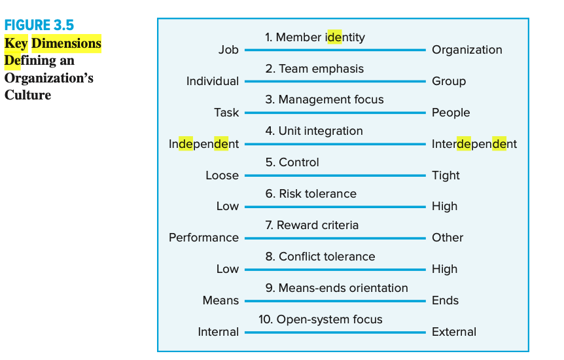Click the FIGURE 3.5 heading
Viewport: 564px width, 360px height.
[x=39, y=26]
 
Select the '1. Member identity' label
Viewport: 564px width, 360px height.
[x=315, y=37]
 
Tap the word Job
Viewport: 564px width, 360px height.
[x=228, y=50]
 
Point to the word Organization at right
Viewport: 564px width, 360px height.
[x=467, y=50]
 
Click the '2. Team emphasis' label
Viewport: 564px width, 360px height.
[x=314, y=69]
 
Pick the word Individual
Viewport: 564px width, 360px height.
[x=213, y=81]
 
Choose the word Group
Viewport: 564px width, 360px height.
[x=449, y=81]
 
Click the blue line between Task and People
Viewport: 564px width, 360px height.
[x=334, y=113]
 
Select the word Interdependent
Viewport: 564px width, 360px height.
[x=474, y=144]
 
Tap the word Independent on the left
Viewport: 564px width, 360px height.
[x=203, y=144]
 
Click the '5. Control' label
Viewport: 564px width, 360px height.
[x=292, y=162]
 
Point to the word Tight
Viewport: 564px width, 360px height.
[x=446, y=175]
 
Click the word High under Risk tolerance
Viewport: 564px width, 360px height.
[x=444, y=206]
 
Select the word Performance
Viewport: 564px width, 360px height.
[x=203, y=238]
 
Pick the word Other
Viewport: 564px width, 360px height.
[x=448, y=238]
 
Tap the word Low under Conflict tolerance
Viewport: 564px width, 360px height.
[x=228, y=269]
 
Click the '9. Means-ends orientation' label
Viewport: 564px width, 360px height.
[x=336, y=288]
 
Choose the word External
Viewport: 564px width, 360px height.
[x=454, y=332]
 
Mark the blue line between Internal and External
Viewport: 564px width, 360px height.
[x=334, y=332]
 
